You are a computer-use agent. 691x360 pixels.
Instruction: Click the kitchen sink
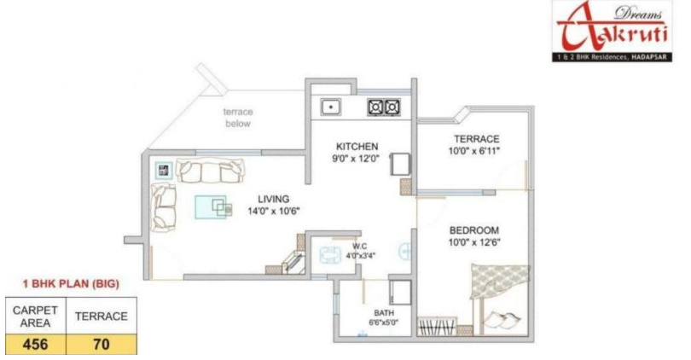[330, 107]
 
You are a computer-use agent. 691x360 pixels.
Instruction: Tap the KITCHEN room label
[357, 146]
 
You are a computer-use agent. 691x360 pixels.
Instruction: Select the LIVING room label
[274, 199]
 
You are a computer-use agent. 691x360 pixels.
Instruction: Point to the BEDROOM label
[474, 230]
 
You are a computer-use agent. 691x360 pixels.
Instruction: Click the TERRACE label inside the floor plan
[477, 139]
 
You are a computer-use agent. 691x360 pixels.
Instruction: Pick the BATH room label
[384, 313]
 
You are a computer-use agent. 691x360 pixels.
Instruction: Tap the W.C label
[360, 247]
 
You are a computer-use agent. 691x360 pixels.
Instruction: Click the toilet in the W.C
[330, 255]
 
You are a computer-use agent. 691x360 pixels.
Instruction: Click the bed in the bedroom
[500, 299]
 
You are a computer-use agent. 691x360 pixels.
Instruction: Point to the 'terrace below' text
[238, 118]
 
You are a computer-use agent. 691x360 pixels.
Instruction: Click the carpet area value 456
[35, 344]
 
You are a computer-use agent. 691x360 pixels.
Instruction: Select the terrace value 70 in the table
[102, 344]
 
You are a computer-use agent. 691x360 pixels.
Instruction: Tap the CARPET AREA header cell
[35, 316]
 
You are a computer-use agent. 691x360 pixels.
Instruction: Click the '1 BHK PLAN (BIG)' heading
[71, 284]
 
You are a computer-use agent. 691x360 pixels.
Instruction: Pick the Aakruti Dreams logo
[613, 31]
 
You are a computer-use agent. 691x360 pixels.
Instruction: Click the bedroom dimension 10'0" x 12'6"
[474, 242]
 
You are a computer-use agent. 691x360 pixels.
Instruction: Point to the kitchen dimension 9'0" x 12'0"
[356, 158]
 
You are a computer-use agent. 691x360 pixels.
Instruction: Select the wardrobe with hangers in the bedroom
[437, 327]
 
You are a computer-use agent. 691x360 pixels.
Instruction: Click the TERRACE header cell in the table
[102, 316]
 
